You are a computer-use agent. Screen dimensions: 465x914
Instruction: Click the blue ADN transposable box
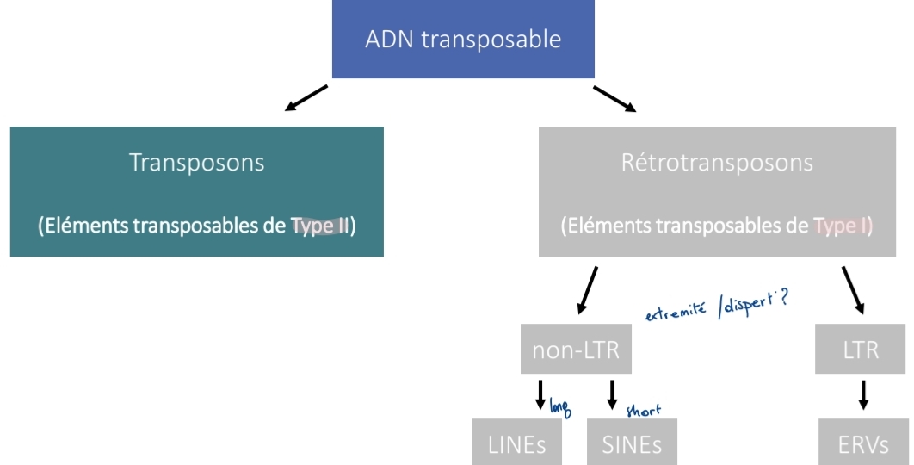[463, 40]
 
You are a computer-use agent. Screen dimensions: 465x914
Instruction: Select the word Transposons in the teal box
[196, 162]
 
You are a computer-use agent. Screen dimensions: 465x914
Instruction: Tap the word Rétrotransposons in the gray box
[717, 162]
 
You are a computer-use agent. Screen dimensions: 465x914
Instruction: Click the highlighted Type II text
[320, 226]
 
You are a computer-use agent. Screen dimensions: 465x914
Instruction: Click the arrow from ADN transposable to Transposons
[306, 98]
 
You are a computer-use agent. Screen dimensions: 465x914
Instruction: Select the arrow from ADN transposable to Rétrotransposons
[614, 98]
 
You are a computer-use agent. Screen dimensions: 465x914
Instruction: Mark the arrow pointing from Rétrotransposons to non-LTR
[588, 289]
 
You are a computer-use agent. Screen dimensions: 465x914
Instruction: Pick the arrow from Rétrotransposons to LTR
[855, 289]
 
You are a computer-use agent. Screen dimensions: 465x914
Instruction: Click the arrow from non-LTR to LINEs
[540, 394]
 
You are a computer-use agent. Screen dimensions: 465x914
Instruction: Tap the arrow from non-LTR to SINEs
[612, 394]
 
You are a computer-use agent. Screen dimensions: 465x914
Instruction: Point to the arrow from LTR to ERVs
[863, 394]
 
